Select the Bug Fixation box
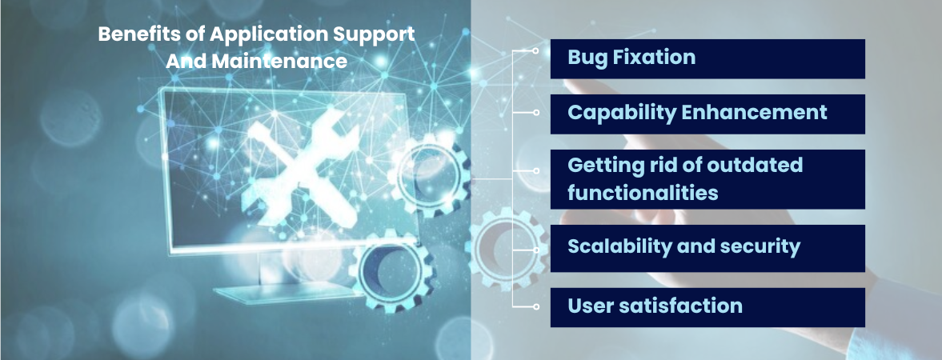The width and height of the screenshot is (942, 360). (708, 59)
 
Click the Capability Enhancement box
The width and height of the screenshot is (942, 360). (708, 114)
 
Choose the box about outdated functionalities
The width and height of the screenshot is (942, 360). (708, 179)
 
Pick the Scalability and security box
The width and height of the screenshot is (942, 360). (708, 248)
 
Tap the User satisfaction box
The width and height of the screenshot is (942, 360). (708, 307)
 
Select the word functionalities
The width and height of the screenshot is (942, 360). (643, 193)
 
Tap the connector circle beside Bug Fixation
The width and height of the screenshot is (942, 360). (535, 51)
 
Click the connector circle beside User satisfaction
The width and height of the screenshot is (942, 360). (535, 307)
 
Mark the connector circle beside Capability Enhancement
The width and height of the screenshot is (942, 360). (535, 112)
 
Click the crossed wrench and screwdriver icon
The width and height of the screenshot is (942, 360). (298, 162)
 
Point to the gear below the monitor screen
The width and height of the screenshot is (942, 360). (391, 270)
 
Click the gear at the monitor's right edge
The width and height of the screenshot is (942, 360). (431, 175)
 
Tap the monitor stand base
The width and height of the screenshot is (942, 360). (286, 294)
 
